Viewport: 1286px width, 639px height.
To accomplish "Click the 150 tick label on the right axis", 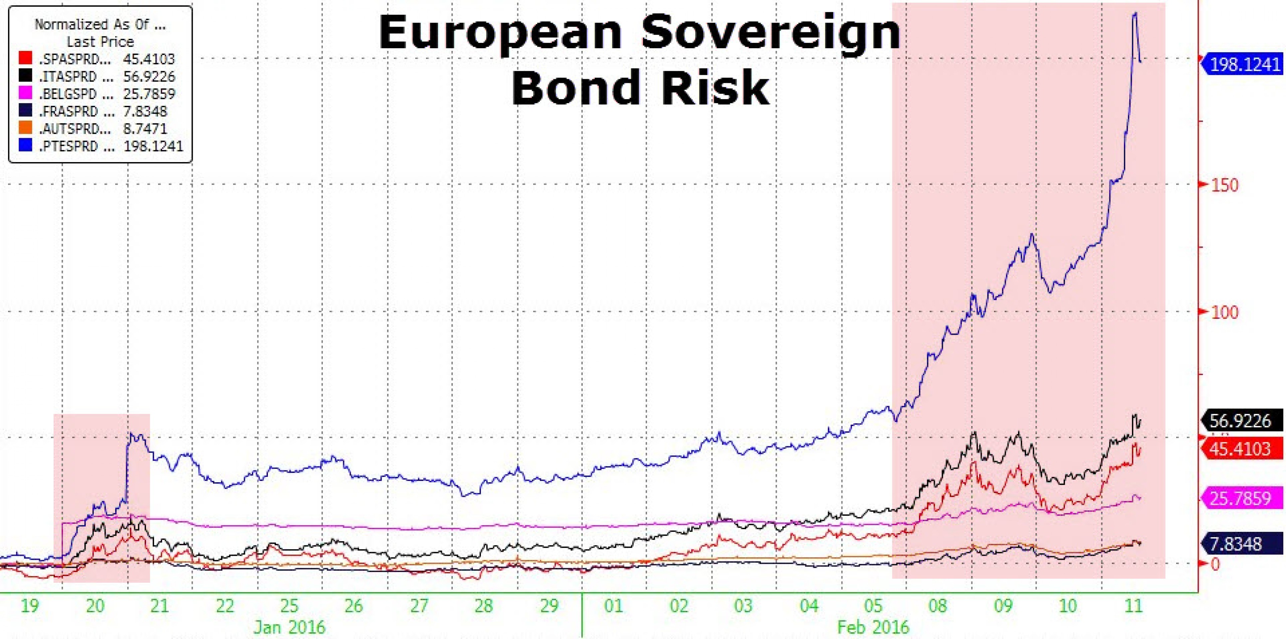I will (x=1225, y=185).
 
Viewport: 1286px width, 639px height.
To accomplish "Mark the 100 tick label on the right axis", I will (x=1225, y=313).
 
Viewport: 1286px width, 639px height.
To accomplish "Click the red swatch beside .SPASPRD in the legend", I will (x=25, y=59).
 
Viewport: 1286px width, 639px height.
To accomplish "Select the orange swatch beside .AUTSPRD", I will (x=25, y=128).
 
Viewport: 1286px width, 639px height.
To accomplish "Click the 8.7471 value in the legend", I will (x=145, y=129).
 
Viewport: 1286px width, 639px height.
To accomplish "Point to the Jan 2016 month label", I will (x=290, y=626).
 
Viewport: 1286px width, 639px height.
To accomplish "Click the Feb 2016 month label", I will (x=874, y=626).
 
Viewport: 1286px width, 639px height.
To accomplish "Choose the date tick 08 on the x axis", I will (x=938, y=606).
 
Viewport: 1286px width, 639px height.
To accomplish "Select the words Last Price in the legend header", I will (x=101, y=41).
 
